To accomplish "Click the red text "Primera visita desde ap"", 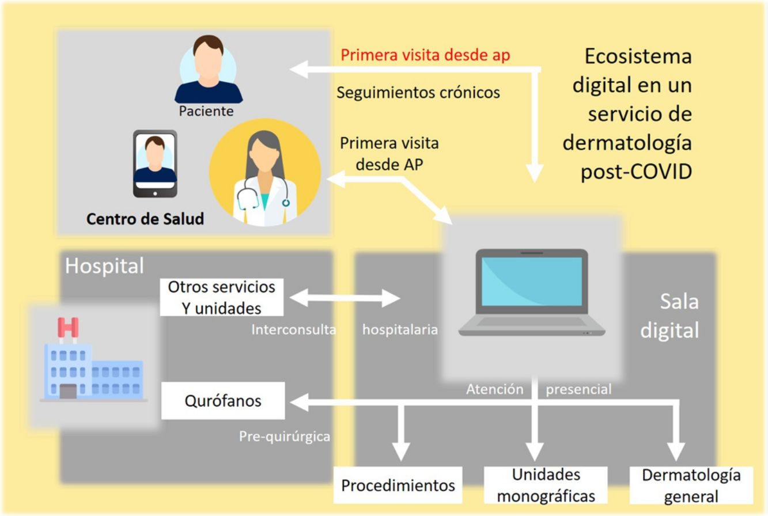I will pyautogui.click(x=425, y=56).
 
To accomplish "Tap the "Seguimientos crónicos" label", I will pyautogui.click(x=418, y=92).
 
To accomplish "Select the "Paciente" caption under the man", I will pyautogui.click(x=206, y=111).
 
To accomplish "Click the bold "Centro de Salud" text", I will pyautogui.click(x=145, y=219).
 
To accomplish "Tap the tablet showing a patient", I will pyautogui.click(x=155, y=164).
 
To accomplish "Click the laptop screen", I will pyautogui.click(x=532, y=282).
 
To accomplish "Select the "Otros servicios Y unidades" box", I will pyautogui.click(x=222, y=297).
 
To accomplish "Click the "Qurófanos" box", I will pyautogui.click(x=223, y=401).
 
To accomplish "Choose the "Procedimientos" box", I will pyautogui.click(x=398, y=485).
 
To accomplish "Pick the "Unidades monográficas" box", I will pyautogui.click(x=546, y=484).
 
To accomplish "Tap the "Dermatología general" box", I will pyautogui.click(x=691, y=485).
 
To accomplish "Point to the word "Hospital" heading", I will pyautogui.click(x=104, y=266).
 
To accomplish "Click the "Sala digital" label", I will pyautogui.click(x=669, y=316).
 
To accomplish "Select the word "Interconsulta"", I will pyautogui.click(x=293, y=330).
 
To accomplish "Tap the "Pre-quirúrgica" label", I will pyautogui.click(x=285, y=437).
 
